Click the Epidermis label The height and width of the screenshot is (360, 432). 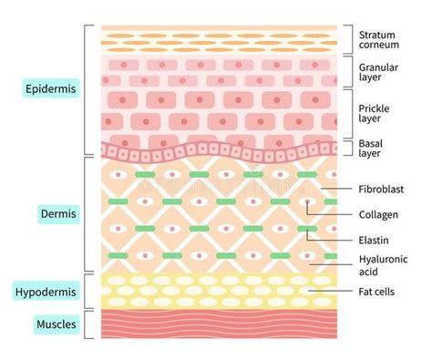click(x=51, y=88)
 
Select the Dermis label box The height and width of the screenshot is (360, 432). click(x=58, y=214)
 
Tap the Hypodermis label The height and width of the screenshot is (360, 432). click(x=46, y=292)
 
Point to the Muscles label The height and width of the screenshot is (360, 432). click(x=57, y=324)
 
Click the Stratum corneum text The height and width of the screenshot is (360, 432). click(x=378, y=40)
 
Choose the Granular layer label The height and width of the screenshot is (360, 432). click(x=378, y=72)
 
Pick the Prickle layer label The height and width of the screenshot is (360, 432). click(x=374, y=113)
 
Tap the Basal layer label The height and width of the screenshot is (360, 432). click(x=370, y=149)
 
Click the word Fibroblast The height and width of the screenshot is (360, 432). click(x=381, y=190)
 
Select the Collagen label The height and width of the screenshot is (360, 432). click(x=378, y=215)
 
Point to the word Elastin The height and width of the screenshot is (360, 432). click(x=374, y=241)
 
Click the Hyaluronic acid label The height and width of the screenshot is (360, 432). click(x=383, y=265)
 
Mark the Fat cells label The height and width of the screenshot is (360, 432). click(x=376, y=292)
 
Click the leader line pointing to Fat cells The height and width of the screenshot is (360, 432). click(x=331, y=291)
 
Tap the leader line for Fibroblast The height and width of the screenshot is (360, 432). click(x=336, y=189)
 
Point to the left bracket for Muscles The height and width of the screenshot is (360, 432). click(x=85, y=324)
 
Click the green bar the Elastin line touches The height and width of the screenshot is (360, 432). click(x=307, y=229)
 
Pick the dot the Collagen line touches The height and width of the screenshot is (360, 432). click(x=307, y=201)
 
